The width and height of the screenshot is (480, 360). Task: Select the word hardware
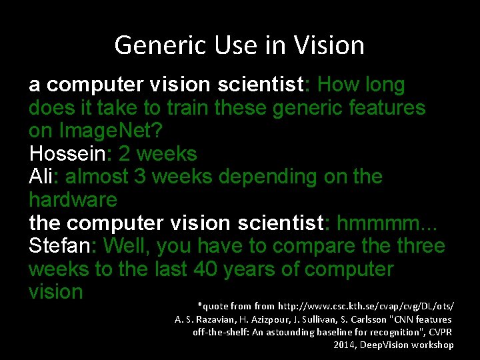pyautogui.click(x=73, y=200)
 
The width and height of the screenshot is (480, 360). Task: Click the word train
pyautogui.click(x=195, y=108)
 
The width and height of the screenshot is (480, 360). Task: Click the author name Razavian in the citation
pyautogui.click(x=211, y=319)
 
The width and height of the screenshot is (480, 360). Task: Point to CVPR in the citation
pyautogui.click(x=440, y=332)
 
